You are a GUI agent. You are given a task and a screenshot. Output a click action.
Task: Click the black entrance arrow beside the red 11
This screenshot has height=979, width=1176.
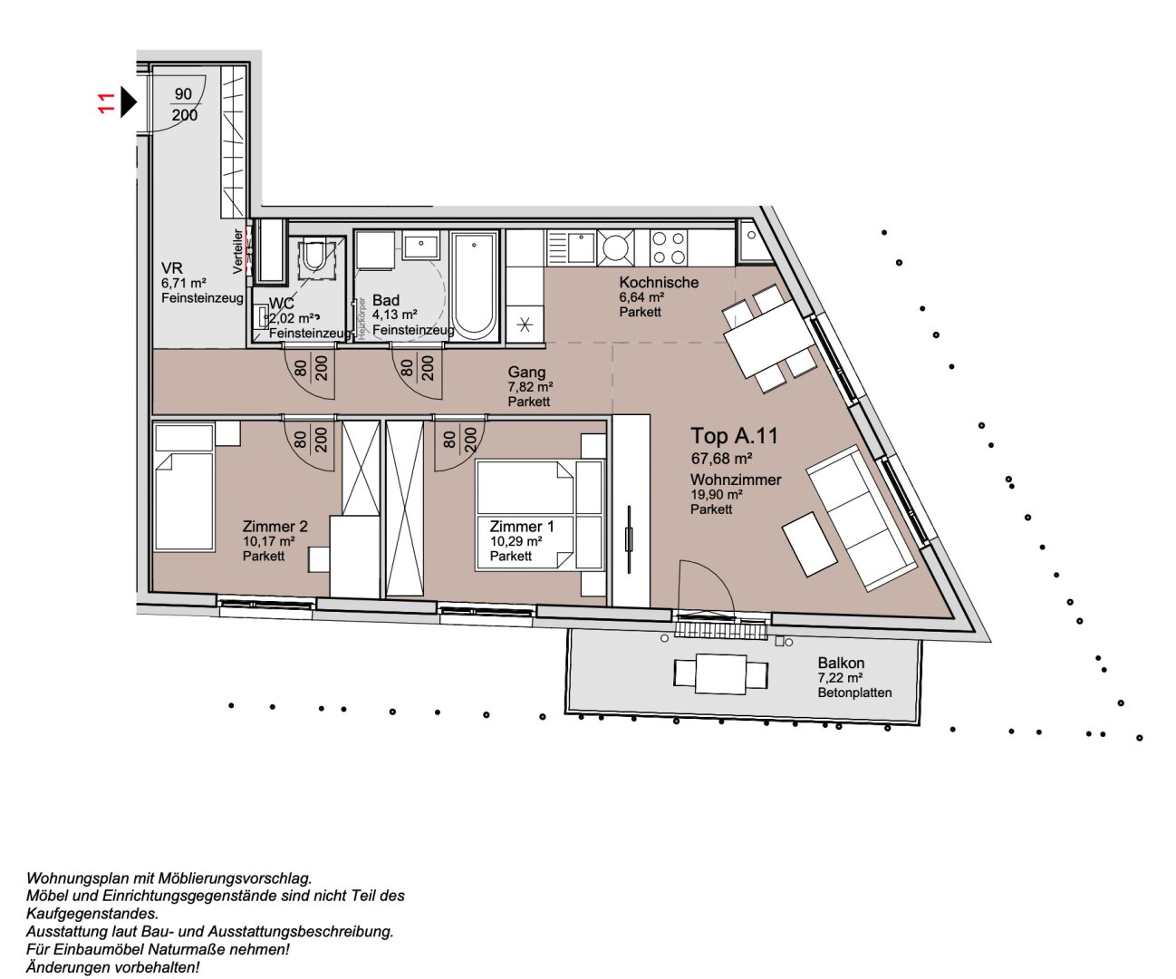point(128,102)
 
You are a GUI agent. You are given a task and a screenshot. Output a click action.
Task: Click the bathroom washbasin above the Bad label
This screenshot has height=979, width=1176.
point(421,247)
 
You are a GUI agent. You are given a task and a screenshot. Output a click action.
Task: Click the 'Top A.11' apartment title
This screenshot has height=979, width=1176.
point(734,435)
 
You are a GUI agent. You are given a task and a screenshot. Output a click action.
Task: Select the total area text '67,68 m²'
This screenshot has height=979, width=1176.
point(721,459)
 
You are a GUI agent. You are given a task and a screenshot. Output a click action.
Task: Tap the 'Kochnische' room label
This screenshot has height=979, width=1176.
point(659,282)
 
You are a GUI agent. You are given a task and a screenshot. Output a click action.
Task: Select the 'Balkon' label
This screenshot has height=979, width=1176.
point(841,664)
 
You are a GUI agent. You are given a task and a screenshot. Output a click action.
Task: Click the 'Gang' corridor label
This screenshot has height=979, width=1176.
point(526,372)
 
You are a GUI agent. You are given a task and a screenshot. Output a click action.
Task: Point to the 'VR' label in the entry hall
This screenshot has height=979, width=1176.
point(172,268)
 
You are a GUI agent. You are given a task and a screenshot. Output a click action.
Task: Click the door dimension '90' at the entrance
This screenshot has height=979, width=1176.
point(184,93)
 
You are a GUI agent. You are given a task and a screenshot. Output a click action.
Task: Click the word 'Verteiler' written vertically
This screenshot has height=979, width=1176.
point(237,251)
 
